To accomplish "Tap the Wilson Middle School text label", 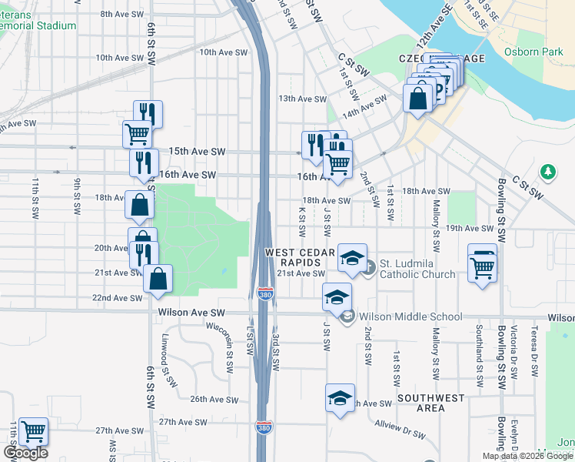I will (x=410, y=316).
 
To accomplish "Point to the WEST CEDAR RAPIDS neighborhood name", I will (x=301, y=258).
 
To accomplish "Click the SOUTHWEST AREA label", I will (x=431, y=403).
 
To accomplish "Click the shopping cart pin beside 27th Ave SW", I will (x=33, y=434).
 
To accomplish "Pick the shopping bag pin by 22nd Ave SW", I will (x=158, y=280).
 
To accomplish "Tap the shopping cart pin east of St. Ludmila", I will (x=482, y=269).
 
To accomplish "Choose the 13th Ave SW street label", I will (x=303, y=99).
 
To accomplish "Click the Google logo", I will (x=25, y=454).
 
